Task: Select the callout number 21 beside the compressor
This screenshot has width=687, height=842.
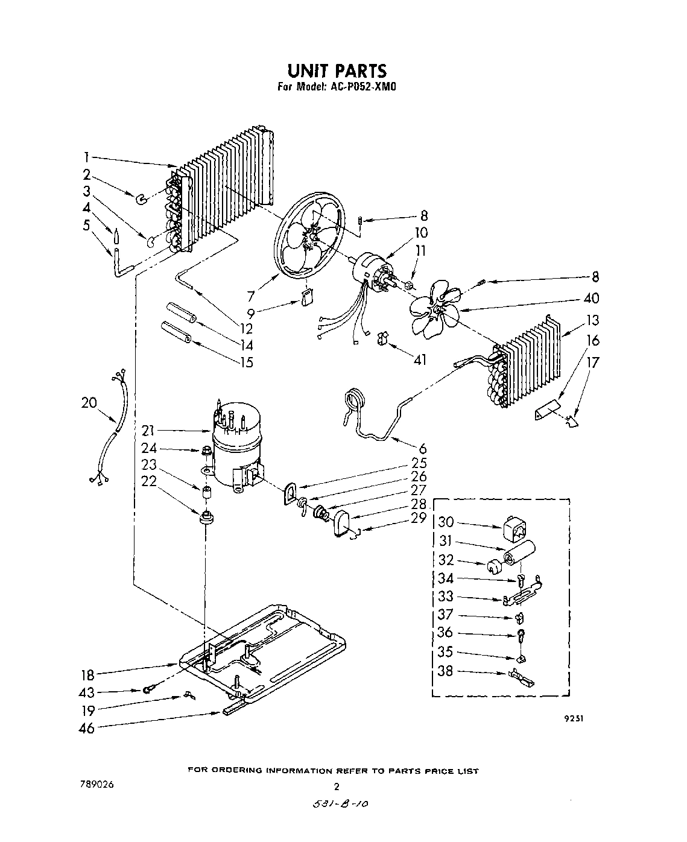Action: pyautogui.click(x=149, y=431)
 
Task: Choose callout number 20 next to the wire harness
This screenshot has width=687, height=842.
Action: pyautogui.click(x=89, y=402)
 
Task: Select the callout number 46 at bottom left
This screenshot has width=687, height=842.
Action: pyautogui.click(x=87, y=728)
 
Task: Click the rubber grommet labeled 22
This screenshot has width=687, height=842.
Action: pyautogui.click(x=207, y=518)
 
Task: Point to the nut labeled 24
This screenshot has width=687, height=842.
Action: pyautogui.click(x=206, y=450)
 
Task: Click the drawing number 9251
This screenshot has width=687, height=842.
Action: pyautogui.click(x=574, y=718)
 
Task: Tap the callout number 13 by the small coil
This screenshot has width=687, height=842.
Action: pyautogui.click(x=593, y=320)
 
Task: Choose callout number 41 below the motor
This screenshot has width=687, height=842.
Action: pyautogui.click(x=420, y=359)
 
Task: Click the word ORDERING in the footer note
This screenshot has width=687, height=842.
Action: pyautogui.click(x=237, y=771)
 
